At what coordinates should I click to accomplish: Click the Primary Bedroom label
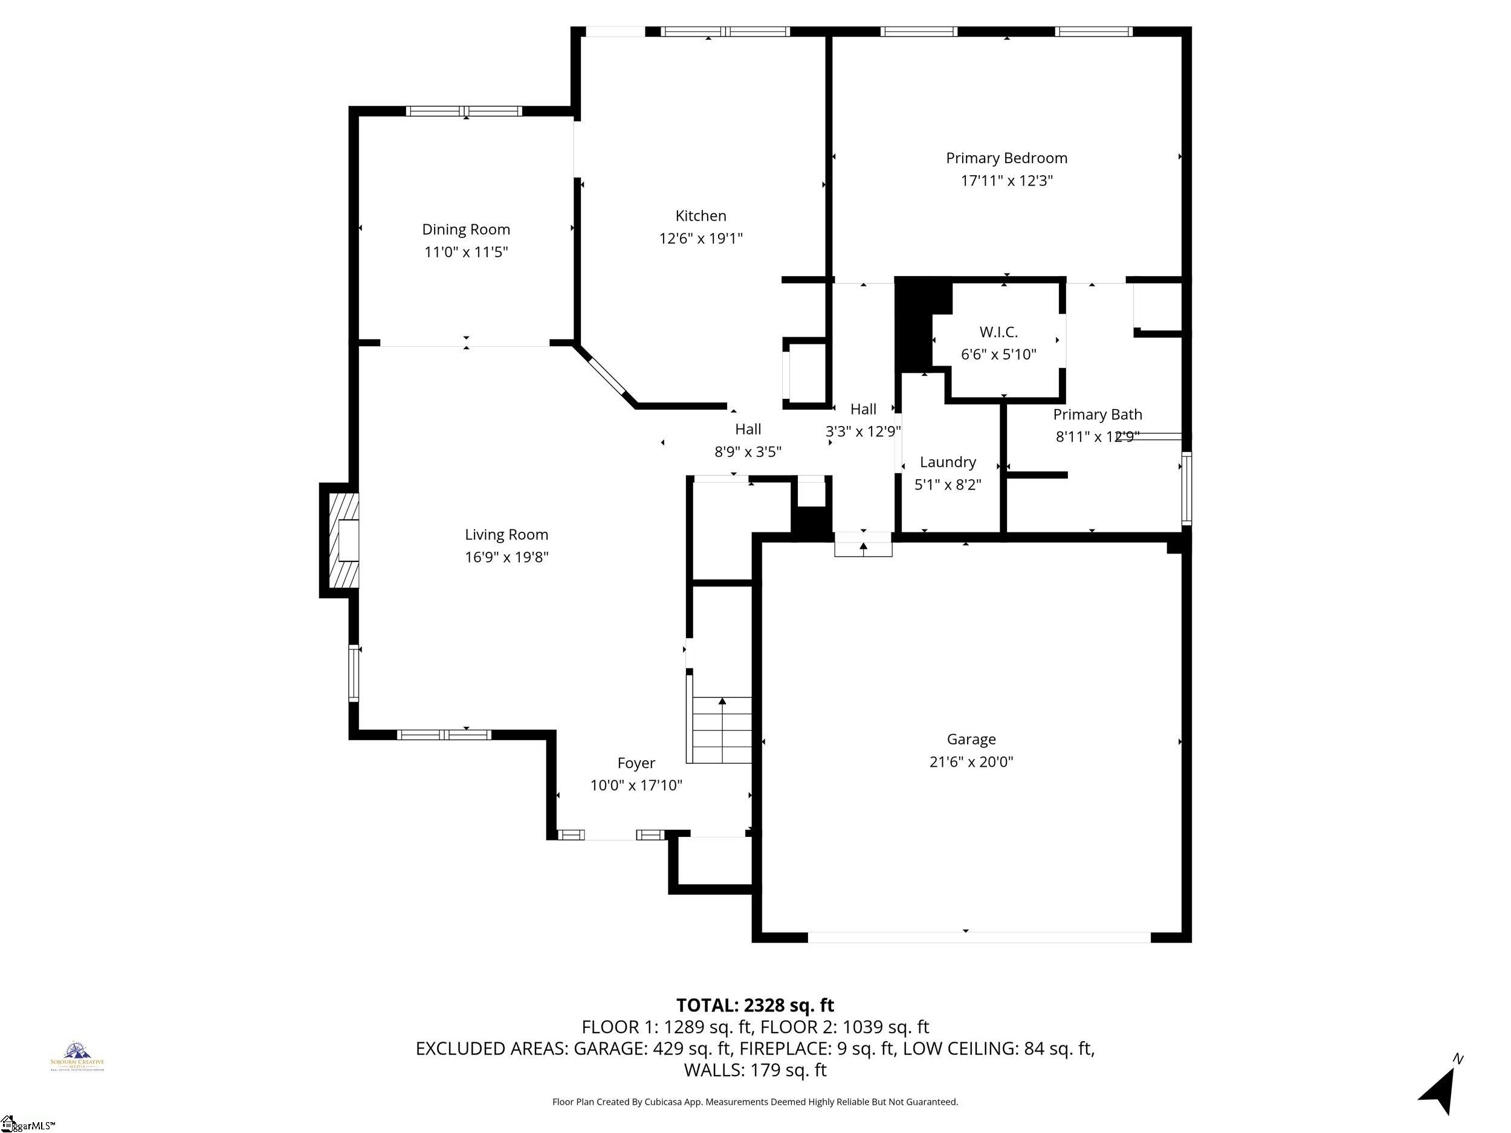pos(1006,158)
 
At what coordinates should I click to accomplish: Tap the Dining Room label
pos(466,230)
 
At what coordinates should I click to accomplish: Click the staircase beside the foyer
pos(721,729)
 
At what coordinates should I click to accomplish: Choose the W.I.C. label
pos(998,332)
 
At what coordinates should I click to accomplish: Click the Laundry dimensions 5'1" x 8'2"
pos(948,485)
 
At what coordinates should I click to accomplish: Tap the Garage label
pos(971,739)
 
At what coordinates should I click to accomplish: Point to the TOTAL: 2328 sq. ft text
pos(755,1005)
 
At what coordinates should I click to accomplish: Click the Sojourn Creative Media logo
pos(77,1056)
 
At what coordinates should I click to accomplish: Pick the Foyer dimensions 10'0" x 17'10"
pos(636,786)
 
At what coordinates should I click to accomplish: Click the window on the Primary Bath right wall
pos(1186,488)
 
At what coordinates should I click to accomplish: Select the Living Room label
pos(506,535)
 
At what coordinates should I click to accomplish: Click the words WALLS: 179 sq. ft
pos(755,1070)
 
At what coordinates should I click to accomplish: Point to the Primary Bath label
pos(1097,415)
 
